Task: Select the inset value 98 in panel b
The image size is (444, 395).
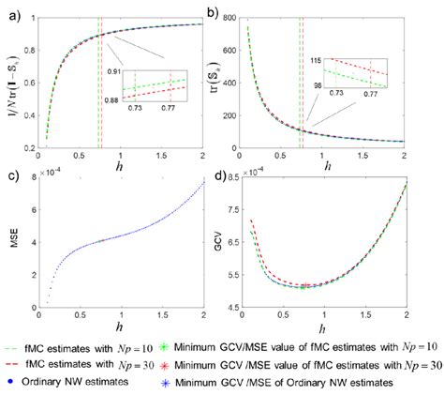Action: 315,86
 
